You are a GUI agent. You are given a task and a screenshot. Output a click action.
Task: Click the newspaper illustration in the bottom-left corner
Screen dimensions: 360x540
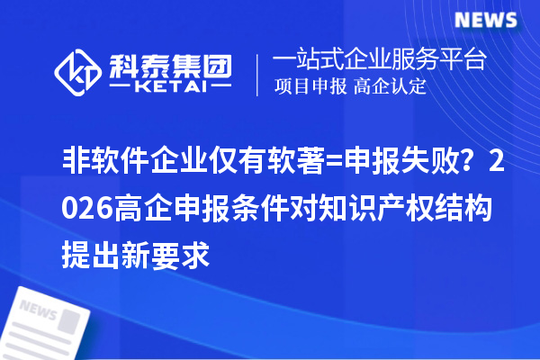point(49,319)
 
